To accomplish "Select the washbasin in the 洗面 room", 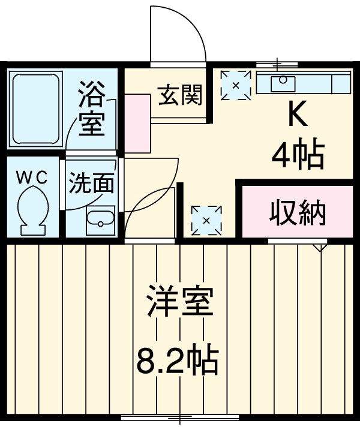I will point(100,222).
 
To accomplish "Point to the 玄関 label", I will point(180,95).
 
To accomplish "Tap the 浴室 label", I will point(92,110).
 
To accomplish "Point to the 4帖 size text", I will point(298,154).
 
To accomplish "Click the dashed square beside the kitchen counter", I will point(235,85).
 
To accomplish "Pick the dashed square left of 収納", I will point(206,220).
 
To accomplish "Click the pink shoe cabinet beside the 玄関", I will point(138,123).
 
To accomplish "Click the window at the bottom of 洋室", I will point(180,417).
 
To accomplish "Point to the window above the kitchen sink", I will point(277,63).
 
